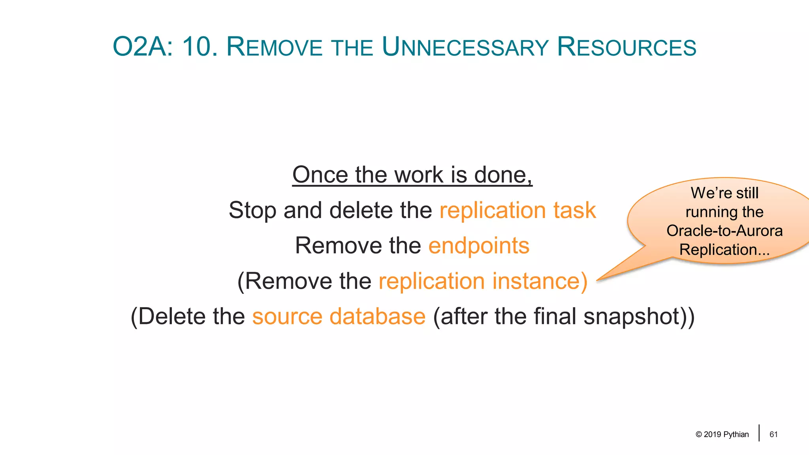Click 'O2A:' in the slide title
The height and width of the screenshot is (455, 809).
point(143,47)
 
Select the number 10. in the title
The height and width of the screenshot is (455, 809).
point(200,47)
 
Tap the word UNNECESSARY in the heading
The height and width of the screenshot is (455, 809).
point(465,47)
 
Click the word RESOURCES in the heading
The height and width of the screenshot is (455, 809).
point(627,47)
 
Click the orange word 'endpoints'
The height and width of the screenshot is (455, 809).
point(479,246)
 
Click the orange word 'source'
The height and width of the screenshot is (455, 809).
point(287,317)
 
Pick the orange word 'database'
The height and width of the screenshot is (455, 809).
point(377,317)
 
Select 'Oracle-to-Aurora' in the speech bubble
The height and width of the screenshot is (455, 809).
point(724,231)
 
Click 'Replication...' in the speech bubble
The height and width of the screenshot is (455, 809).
point(724,250)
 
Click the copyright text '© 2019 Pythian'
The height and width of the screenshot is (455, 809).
point(722,434)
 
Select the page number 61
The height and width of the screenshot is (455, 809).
point(773,434)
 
